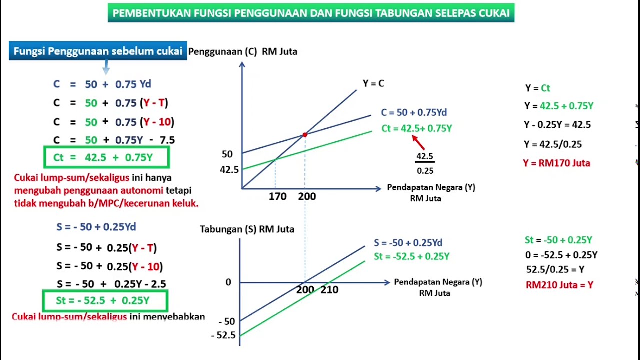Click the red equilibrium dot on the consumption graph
(305, 134)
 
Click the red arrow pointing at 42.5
(418, 143)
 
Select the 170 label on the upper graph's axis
(277, 197)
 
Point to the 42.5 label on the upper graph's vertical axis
(229, 170)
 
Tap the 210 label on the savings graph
(329, 290)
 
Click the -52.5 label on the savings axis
(223, 335)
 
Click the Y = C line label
(373, 84)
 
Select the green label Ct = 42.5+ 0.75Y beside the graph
(416, 129)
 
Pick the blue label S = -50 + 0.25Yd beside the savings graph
(408, 243)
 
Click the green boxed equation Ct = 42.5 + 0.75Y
(106, 158)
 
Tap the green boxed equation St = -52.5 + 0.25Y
(105, 301)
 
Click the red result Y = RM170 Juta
(557, 163)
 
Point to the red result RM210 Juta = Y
(559, 285)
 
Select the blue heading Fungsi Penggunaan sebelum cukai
(98, 51)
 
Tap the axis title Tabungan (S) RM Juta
(247, 229)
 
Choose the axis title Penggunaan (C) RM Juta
(243, 52)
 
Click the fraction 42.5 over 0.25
(425, 163)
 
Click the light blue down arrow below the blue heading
(106, 67)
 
